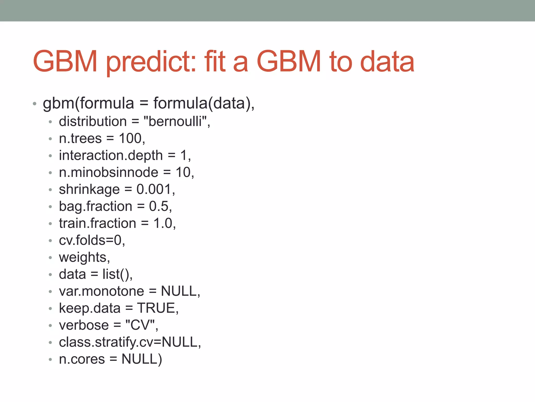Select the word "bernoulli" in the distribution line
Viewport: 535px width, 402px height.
click(x=177, y=122)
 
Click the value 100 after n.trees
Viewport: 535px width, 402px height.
click(x=130, y=138)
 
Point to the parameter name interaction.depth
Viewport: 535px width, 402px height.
click(x=111, y=155)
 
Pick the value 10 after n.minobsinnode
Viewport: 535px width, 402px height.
click(x=183, y=172)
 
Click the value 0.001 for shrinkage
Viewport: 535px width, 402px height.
click(x=154, y=189)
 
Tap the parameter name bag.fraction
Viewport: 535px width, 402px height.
click(x=96, y=206)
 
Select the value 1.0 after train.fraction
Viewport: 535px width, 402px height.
click(x=163, y=224)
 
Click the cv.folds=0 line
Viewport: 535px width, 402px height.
click(x=92, y=240)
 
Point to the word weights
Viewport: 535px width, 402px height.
click(x=83, y=258)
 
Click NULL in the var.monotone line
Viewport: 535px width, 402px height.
click(x=179, y=291)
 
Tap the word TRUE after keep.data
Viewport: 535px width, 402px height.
click(x=156, y=308)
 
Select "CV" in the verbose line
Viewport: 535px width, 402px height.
click(x=140, y=325)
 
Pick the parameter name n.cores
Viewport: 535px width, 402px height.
click(x=82, y=359)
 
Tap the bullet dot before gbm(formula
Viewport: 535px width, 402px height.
click(x=34, y=104)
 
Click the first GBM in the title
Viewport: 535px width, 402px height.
click(x=65, y=62)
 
